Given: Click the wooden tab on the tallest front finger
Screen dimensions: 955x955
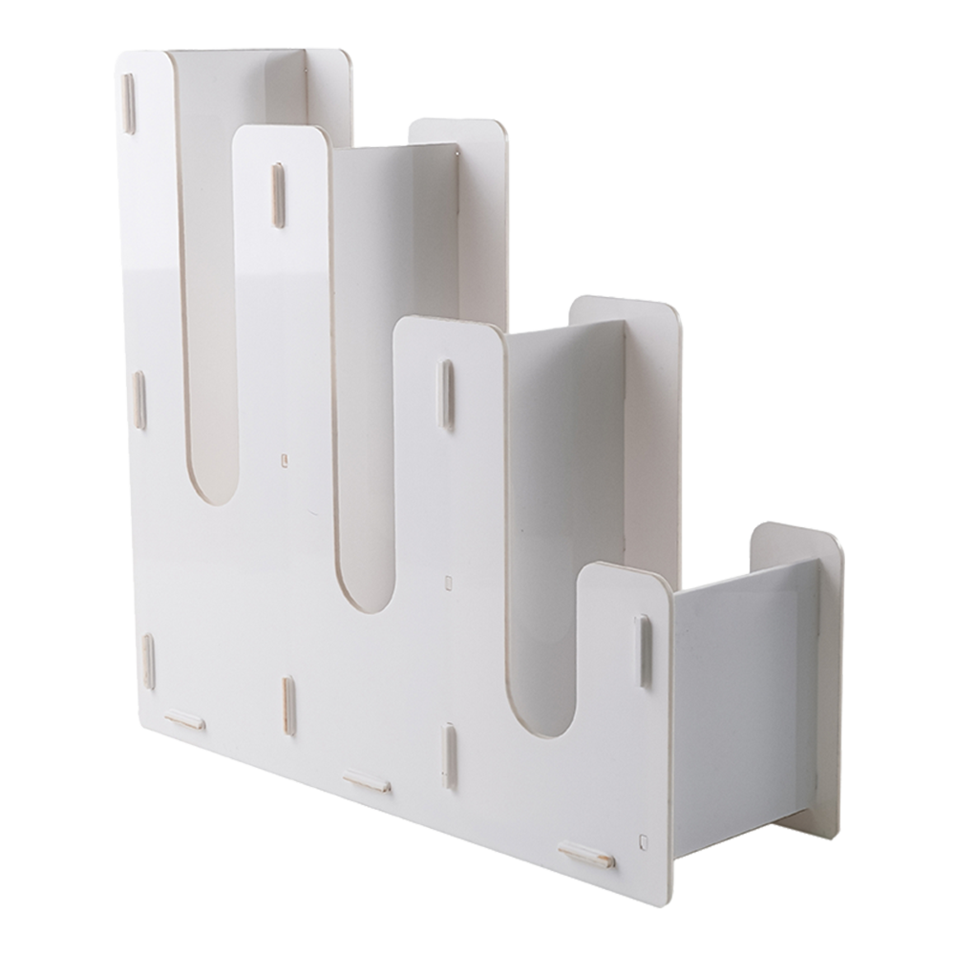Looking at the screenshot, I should point(128,103).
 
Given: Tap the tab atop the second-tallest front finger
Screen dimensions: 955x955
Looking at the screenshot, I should point(277,195).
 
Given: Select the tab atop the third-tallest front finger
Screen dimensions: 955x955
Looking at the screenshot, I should point(445,393).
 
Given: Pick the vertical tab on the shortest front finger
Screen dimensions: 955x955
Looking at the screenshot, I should point(643,650).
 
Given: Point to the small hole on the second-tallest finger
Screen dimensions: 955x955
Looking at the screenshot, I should point(286,460).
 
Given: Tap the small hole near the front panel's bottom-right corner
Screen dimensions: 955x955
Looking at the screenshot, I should point(643,841).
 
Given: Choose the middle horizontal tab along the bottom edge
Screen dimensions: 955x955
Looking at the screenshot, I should point(367,782).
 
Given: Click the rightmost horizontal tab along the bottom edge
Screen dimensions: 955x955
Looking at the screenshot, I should point(586,855).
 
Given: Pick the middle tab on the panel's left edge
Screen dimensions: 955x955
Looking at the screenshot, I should point(139,399).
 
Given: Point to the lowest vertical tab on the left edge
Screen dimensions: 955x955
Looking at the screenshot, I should point(148,661).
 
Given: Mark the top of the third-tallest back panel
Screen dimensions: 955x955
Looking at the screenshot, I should point(626,308).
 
